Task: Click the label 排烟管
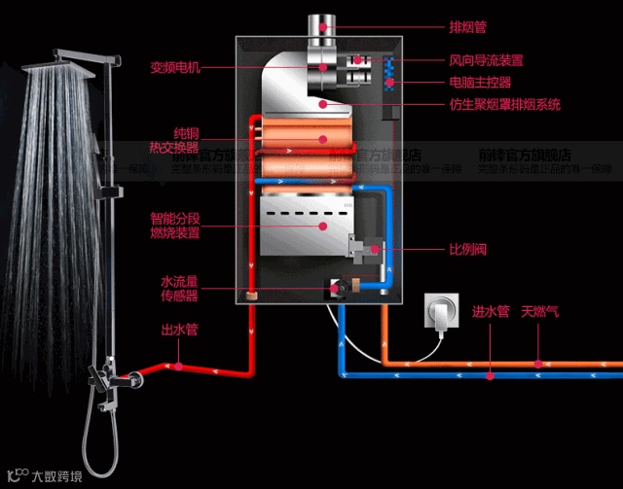[467, 26]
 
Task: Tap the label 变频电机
[175, 67]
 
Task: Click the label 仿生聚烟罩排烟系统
[504, 104]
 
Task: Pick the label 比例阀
[466, 249]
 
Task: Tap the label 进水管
[491, 312]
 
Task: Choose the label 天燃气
[540, 312]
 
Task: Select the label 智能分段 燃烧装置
[175, 226]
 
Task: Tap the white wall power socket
[438, 314]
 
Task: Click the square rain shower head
[68, 61]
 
